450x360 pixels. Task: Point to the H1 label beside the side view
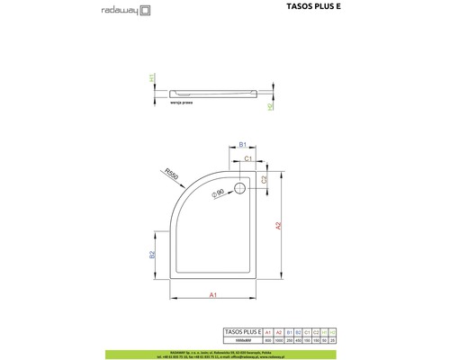[x=152, y=79]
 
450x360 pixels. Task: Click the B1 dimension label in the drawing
[x=243, y=145]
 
